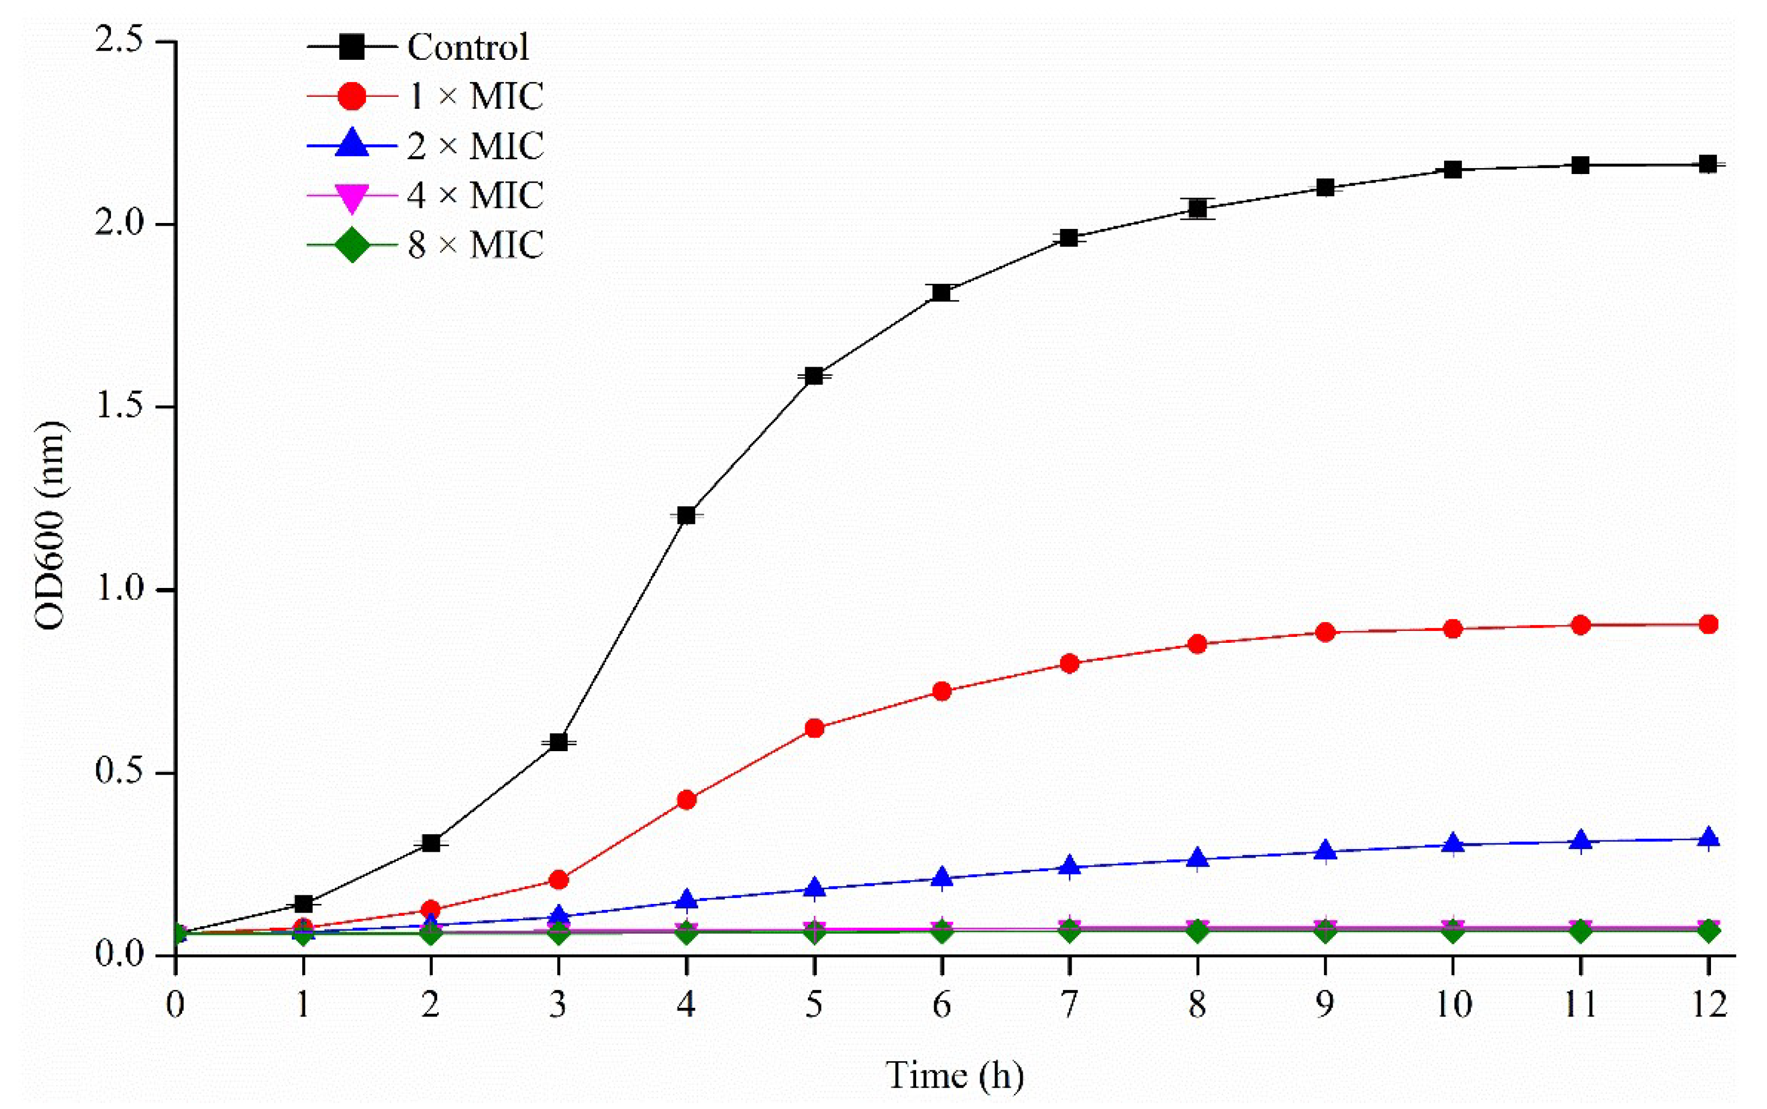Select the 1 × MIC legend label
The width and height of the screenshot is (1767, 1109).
point(475,97)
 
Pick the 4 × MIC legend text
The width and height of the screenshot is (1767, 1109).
point(475,195)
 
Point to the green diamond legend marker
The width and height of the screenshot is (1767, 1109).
point(352,245)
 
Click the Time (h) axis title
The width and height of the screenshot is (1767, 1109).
point(955,1075)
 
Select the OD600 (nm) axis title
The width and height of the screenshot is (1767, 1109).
point(50,526)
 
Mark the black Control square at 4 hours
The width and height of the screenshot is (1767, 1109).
point(686,516)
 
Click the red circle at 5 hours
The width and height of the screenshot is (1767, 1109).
point(814,728)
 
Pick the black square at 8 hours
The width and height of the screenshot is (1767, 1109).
point(1197,209)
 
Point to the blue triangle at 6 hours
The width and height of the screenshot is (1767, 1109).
point(942,878)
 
